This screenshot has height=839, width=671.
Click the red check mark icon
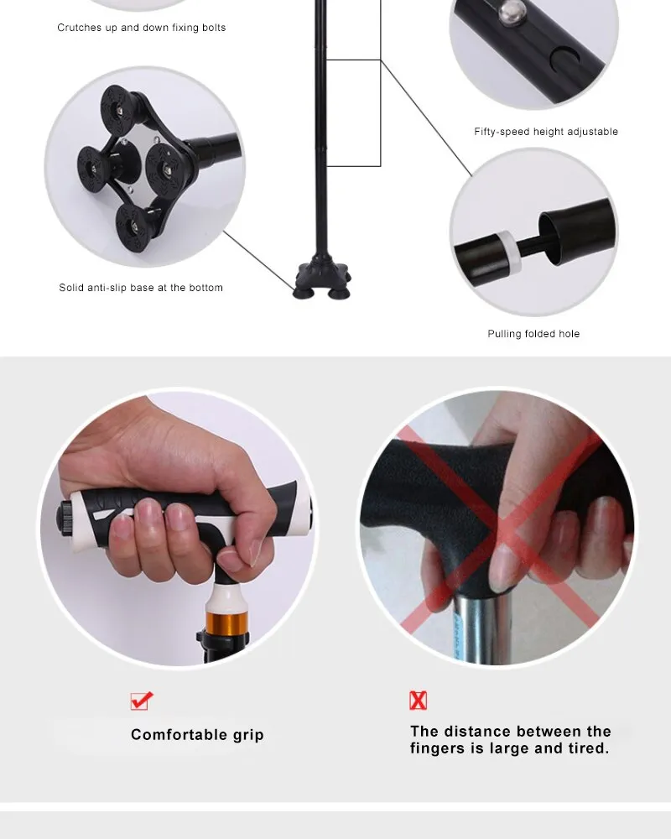(142, 701)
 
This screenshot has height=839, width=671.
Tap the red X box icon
(418, 701)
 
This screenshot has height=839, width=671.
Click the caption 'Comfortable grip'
(197, 735)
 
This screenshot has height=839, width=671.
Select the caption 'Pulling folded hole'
(533, 334)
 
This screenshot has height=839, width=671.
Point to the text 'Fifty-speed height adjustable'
(546, 132)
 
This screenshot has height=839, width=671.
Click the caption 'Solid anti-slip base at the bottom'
(141, 288)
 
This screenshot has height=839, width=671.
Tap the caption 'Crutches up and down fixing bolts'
(141, 28)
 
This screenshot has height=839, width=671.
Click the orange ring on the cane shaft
(226, 623)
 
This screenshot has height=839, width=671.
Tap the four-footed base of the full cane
(323, 279)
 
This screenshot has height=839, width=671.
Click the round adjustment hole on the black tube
(565, 59)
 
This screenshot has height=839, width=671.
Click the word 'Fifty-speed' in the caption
(502, 132)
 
